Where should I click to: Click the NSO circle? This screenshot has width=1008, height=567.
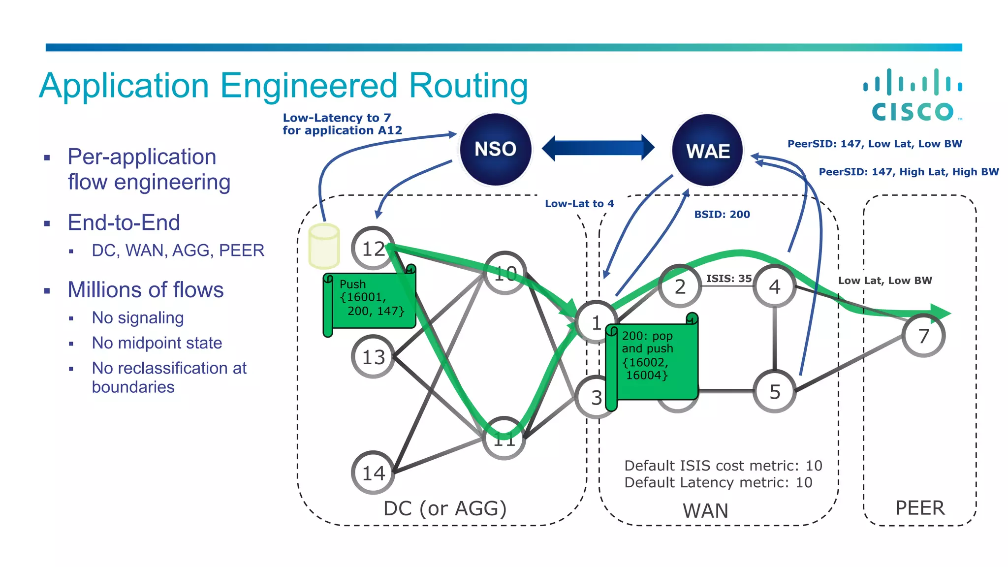[x=495, y=150]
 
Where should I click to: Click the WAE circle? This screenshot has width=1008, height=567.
[x=708, y=151]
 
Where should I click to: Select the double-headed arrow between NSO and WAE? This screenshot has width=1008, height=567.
[x=598, y=148]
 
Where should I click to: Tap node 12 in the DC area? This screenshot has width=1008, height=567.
[x=373, y=249]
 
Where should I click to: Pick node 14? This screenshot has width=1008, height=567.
[x=373, y=473]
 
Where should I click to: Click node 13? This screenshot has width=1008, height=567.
[x=373, y=357]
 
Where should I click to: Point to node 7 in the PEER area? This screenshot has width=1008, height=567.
[x=924, y=336]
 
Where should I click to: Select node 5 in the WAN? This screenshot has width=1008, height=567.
[x=775, y=392]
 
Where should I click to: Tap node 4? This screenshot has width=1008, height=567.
[x=775, y=286]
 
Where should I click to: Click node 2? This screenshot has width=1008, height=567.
[x=680, y=286]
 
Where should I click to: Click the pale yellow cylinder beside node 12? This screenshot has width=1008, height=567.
[x=324, y=246]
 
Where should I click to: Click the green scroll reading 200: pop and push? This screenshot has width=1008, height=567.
[x=652, y=359]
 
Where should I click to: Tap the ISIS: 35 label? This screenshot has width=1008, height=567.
[x=728, y=279]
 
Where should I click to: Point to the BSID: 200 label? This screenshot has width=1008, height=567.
[x=722, y=215]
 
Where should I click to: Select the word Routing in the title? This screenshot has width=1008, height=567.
[x=468, y=86]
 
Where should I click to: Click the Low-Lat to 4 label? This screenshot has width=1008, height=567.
[x=579, y=204]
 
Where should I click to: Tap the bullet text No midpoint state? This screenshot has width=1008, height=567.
[x=157, y=343]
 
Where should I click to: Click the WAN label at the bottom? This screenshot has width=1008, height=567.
[x=705, y=511]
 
